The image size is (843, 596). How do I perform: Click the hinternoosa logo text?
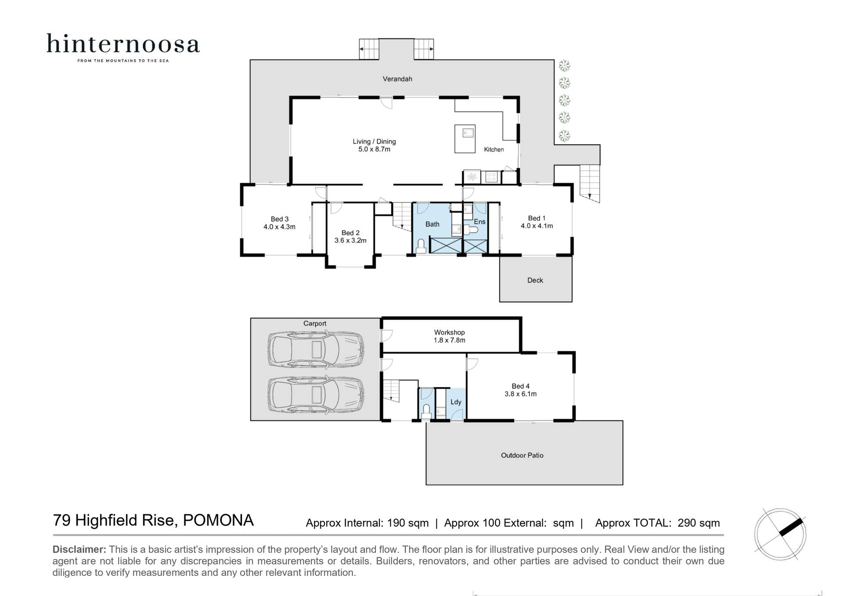[x=123, y=44]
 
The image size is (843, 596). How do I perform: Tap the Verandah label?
[x=397, y=79]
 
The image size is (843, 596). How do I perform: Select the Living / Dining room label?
[x=374, y=141]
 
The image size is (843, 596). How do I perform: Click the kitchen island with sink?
[x=465, y=139]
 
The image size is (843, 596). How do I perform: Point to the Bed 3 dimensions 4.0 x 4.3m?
[x=279, y=227]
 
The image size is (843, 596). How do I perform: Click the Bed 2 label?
[x=350, y=233]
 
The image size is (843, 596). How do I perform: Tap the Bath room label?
[x=432, y=224]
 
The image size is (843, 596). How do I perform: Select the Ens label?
[x=479, y=222]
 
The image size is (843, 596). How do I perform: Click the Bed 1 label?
[x=537, y=218]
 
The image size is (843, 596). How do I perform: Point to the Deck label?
[x=535, y=280]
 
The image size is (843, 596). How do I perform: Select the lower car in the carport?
[x=315, y=394]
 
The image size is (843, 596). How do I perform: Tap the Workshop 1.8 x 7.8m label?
[x=449, y=336]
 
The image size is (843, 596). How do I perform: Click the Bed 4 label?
[x=520, y=386]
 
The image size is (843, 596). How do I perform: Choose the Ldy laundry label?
[x=456, y=402]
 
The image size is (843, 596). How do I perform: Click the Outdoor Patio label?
[x=522, y=455]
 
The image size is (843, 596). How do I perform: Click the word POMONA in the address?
[x=218, y=520]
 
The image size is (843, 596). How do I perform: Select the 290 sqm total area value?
[x=699, y=523]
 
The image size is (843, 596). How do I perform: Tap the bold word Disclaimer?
[x=79, y=549]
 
